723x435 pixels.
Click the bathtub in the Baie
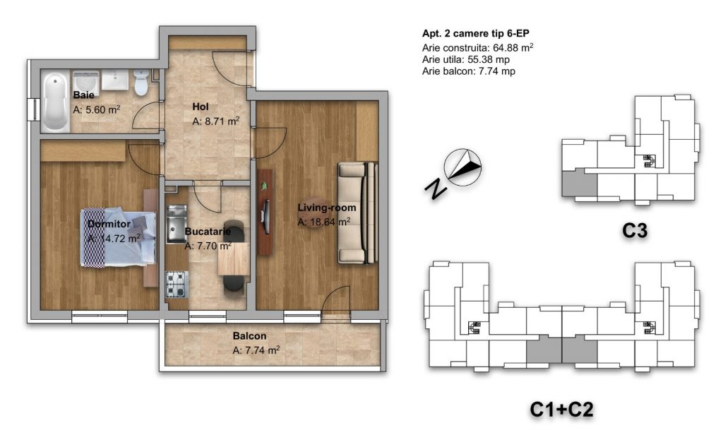[x=56, y=102]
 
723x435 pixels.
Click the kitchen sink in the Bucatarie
[x=176, y=224]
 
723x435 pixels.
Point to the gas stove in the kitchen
[x=177, y=284]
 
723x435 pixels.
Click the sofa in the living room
[x=357, y=213]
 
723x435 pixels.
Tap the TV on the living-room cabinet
[x=265, y=212]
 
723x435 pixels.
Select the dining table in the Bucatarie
[x=233, y=258]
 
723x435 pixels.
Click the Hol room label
[x=201, y=107]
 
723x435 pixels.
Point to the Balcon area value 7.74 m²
[x=256, y=350]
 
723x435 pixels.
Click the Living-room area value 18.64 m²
[x=323, y=222]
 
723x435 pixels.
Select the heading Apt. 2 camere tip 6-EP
[x=475, y=33]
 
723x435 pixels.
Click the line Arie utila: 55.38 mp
[x=466, y=59]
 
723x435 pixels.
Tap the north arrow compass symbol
[x=462, y=167]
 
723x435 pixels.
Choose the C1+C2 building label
[x=561, y=409]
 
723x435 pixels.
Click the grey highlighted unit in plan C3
[x=580, y=183]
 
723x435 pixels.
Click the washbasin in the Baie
[x=115, y=81]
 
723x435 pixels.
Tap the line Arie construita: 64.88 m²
[x=478, y=47]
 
